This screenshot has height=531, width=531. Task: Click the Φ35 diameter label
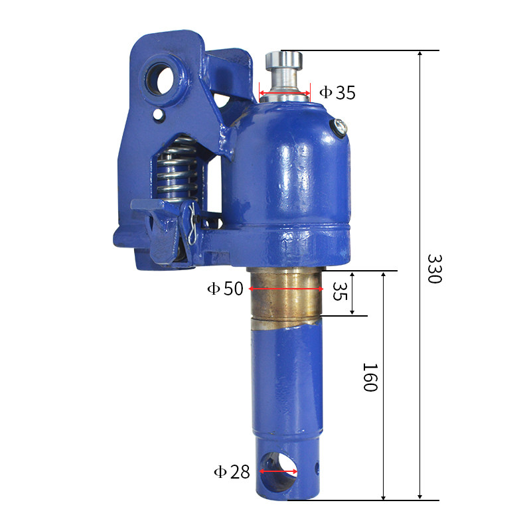[x=337, y=92]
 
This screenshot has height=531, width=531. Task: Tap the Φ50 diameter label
[x=225, y=289]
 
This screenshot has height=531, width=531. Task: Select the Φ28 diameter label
[x=232, y=471]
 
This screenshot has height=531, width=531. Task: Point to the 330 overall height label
[x=435, y=269]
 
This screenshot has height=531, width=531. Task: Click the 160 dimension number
[x=370, y=377]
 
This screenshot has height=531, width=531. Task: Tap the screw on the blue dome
[x=339, y=127]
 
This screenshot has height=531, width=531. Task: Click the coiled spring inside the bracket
[x=177, y=169]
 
